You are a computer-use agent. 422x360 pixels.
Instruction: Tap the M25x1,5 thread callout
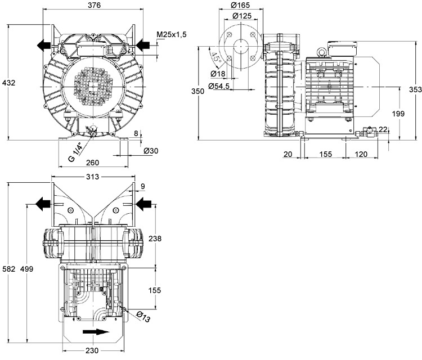coord(171,35)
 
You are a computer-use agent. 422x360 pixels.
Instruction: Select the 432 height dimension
coord(9,83)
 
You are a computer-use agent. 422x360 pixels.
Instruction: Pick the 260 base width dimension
coord(93,163)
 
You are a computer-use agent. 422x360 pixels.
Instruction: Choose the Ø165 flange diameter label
coord(240,6)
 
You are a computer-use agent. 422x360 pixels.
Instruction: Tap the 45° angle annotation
coord(216,58)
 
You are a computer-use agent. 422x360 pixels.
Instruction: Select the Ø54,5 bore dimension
coord(218,86)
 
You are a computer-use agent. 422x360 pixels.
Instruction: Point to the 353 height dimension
coord(415,90)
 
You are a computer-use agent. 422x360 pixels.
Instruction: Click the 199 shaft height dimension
coord(398,114)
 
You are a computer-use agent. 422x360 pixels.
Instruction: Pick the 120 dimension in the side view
coord(361,154)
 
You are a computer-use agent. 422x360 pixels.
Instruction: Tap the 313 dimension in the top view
coord(93,177)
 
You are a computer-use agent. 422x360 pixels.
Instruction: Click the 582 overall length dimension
coord(8,270)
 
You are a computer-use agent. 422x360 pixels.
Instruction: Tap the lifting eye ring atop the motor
coord(322,52)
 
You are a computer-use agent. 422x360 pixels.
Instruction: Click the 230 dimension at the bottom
coord(93,352)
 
